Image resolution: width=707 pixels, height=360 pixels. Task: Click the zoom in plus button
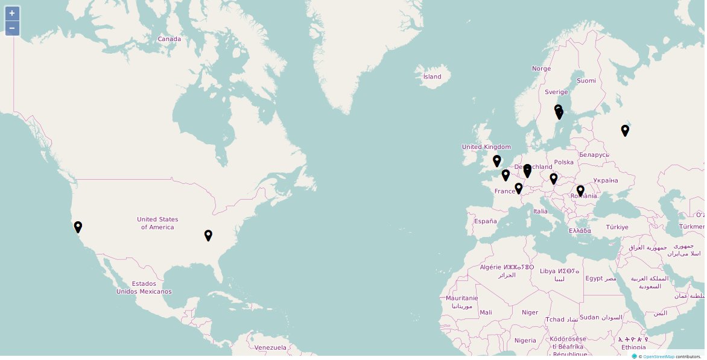[12, 13]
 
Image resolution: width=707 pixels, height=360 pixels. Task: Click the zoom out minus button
[12, 28]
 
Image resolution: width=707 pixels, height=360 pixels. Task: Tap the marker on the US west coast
[78, 227]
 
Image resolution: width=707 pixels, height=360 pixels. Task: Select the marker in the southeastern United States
[208, 235]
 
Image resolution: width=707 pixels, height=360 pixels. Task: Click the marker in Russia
[625, 130]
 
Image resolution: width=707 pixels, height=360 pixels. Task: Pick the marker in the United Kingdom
[496, 160]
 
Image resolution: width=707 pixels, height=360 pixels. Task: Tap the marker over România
[580, 191]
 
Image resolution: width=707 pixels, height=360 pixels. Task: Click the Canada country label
[170, 39]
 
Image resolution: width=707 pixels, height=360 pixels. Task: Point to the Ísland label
[432, 77]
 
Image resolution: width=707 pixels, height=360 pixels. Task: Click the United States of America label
[157, 223]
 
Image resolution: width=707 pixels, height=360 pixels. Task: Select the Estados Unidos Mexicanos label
[144, 288]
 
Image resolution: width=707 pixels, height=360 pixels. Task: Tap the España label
[485, 221]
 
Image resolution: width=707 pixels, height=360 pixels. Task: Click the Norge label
[541, 69]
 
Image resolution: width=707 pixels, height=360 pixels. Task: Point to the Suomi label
[586, 81]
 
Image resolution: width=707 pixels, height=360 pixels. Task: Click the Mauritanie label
[462, 298]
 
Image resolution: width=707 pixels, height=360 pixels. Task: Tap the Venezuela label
[270, 348]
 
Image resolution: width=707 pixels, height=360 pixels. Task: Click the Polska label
[564, 162]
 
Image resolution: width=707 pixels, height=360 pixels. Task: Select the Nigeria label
[525, 341]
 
